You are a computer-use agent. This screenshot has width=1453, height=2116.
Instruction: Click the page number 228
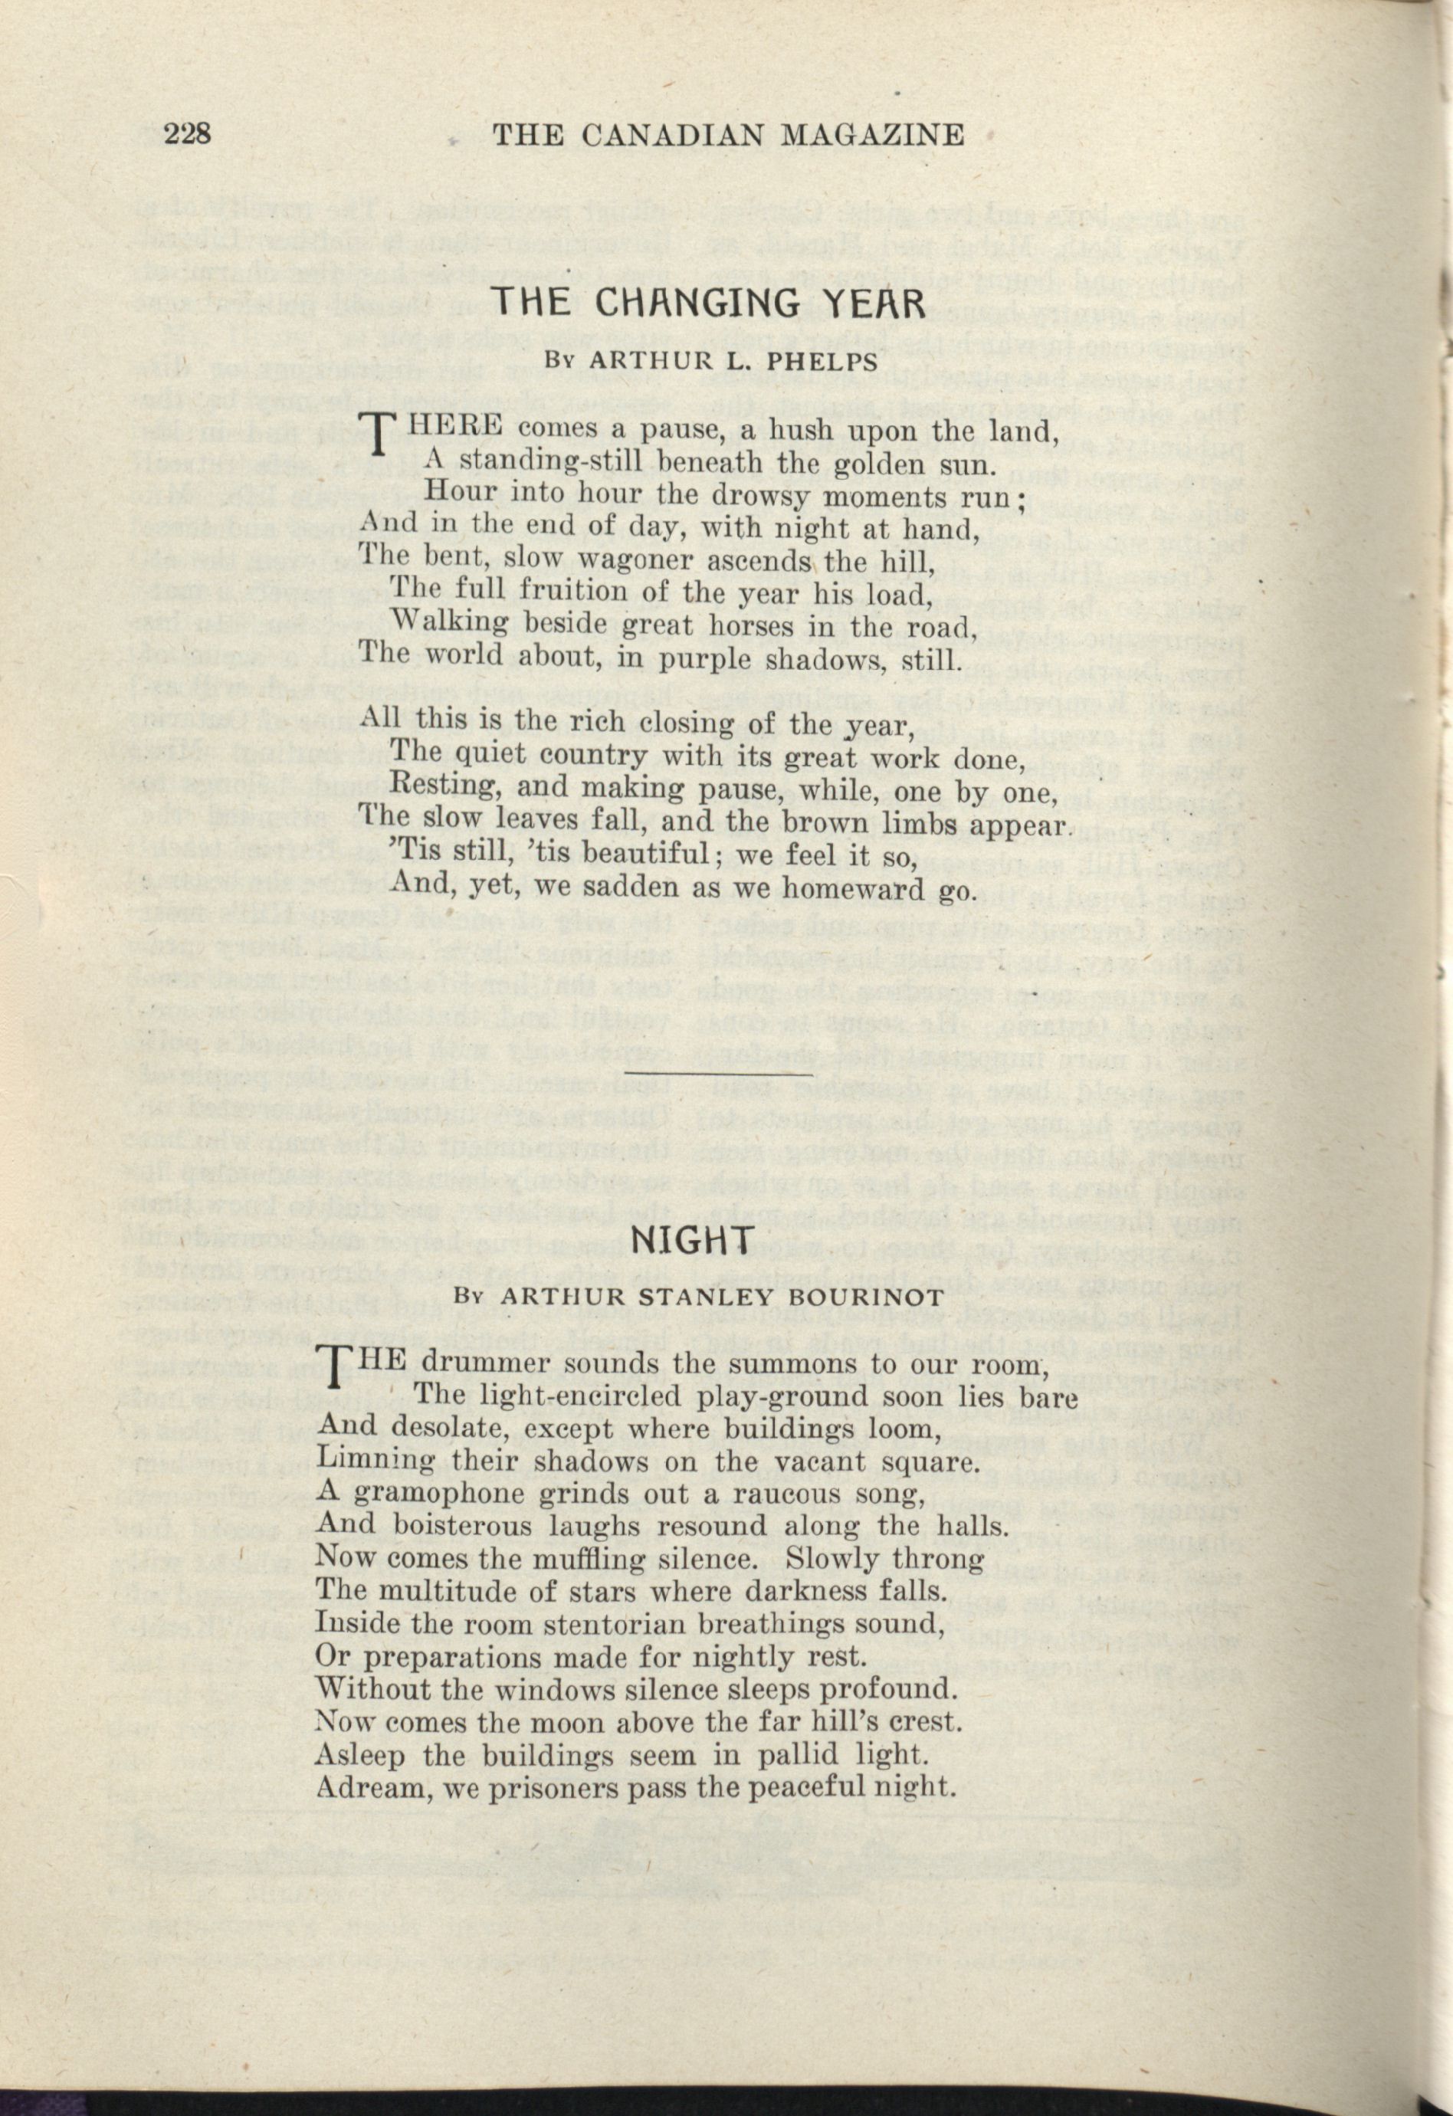pyautogui.click(x=188, y=134)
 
